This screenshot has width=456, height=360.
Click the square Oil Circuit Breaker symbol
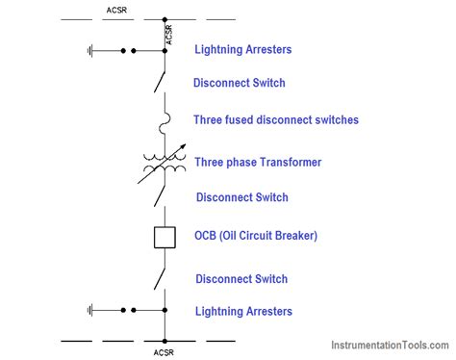pyautogui.click(x=164, y=237)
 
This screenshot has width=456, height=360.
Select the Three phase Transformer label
pyautogui.click(x=257, y=162)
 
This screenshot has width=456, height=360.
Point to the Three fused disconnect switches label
pyautogui.click(x=276, y=120)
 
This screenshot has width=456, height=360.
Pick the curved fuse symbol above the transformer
pyautogui.click(x=165, y=121)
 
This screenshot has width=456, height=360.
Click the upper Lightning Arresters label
pyautogui.click(x=242, y=49)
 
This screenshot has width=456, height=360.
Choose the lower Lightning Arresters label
pyautogui.click(x=243, y=311)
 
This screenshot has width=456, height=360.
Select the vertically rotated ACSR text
pyautogui.click(x=170, y=35)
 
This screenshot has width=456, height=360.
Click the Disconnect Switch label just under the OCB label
pyautogui.click(x=241, y=279)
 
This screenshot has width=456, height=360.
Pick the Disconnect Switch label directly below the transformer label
pyautogui.click(x=241, y=197)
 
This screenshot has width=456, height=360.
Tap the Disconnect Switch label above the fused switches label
pyautogui.click(x=240, y=83)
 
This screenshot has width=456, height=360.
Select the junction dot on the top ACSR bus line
pyautogui.click(x=164, y=18)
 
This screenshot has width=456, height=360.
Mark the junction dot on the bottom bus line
pyautogui.click(x=164, y=341)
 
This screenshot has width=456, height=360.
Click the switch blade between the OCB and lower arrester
pyautogui.click(x=160, y=278)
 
